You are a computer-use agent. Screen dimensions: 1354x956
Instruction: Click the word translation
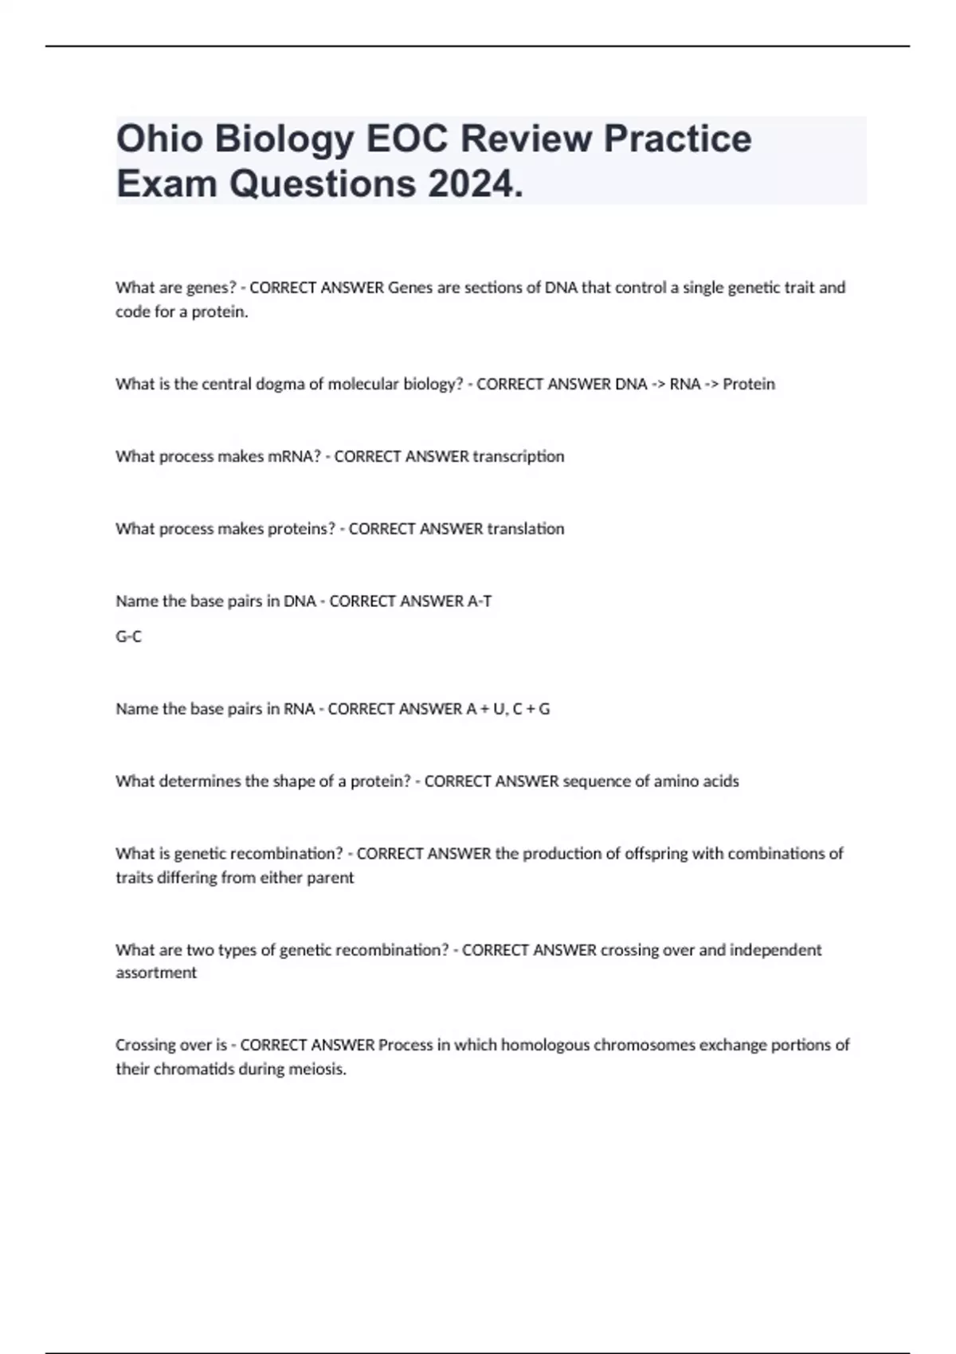click(525, 529)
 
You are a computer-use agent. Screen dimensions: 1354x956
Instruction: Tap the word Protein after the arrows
click(749, 384)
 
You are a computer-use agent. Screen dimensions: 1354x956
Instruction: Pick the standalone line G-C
click(128, 637)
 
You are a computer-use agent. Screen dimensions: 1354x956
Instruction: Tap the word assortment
click(156, 973)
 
